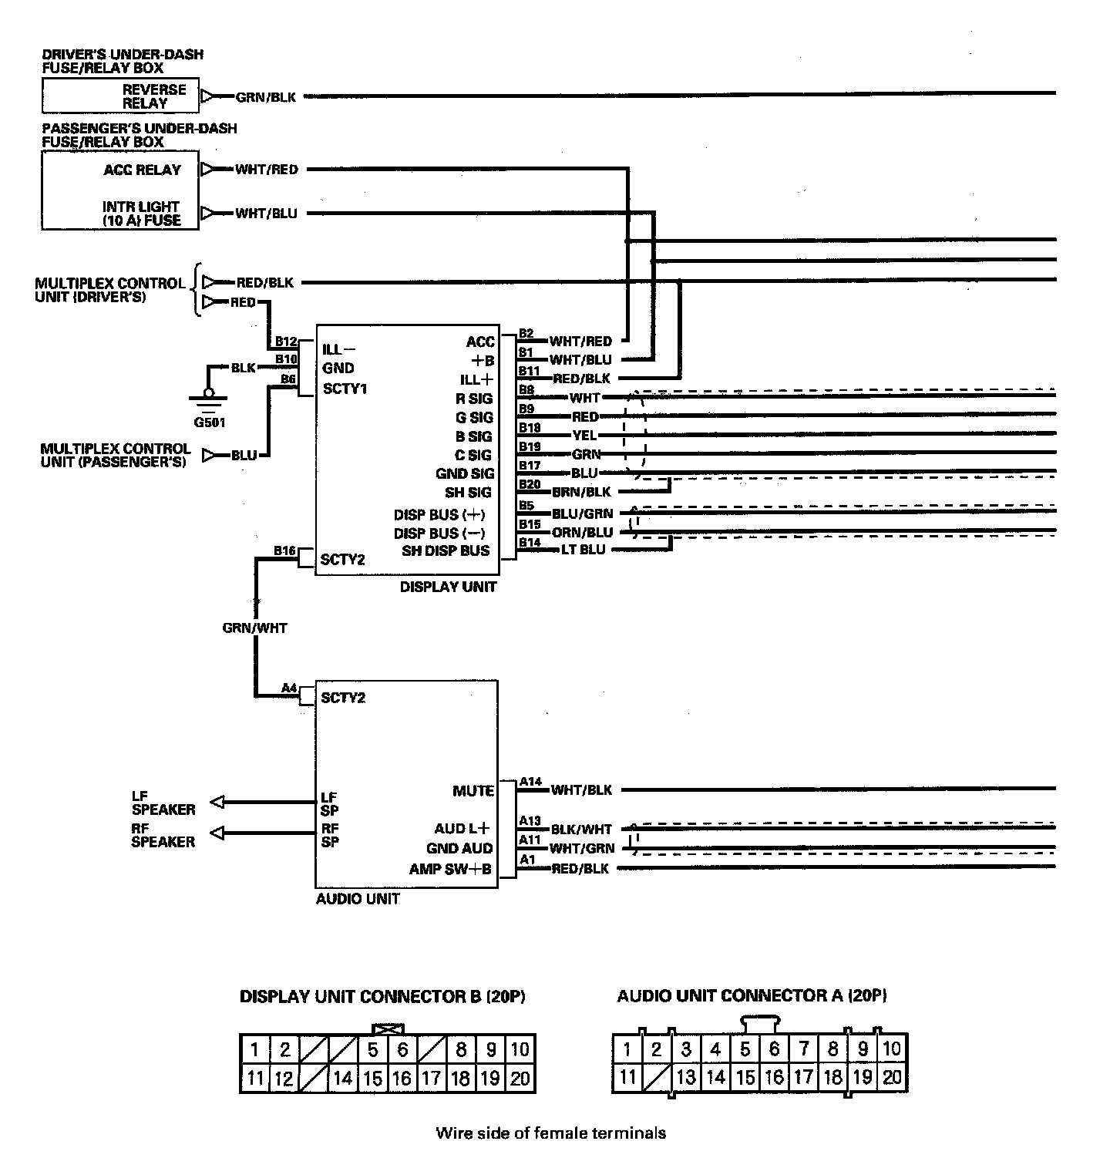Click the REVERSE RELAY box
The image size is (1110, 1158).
(119, 96)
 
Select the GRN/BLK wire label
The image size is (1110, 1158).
(265, 97)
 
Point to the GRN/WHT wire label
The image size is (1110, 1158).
(254, 628)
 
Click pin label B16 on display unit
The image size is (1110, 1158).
(284, 550)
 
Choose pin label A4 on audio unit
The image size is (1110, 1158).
(289, 688)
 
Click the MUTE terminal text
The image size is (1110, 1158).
(473, 791)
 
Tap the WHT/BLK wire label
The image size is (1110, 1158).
(581, 789)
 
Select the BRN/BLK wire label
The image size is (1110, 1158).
(581, 491)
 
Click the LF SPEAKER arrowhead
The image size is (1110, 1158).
(217, 803)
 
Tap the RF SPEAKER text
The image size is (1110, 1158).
(163, 835)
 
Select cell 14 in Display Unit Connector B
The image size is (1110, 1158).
(343, 1079)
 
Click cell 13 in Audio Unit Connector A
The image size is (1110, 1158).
(685, 1078)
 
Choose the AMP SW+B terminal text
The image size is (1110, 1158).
(451, 869)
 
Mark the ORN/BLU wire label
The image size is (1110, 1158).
(582, 532)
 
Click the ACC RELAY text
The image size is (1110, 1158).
(143, 170)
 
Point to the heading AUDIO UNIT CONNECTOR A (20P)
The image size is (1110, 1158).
(752, 995)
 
